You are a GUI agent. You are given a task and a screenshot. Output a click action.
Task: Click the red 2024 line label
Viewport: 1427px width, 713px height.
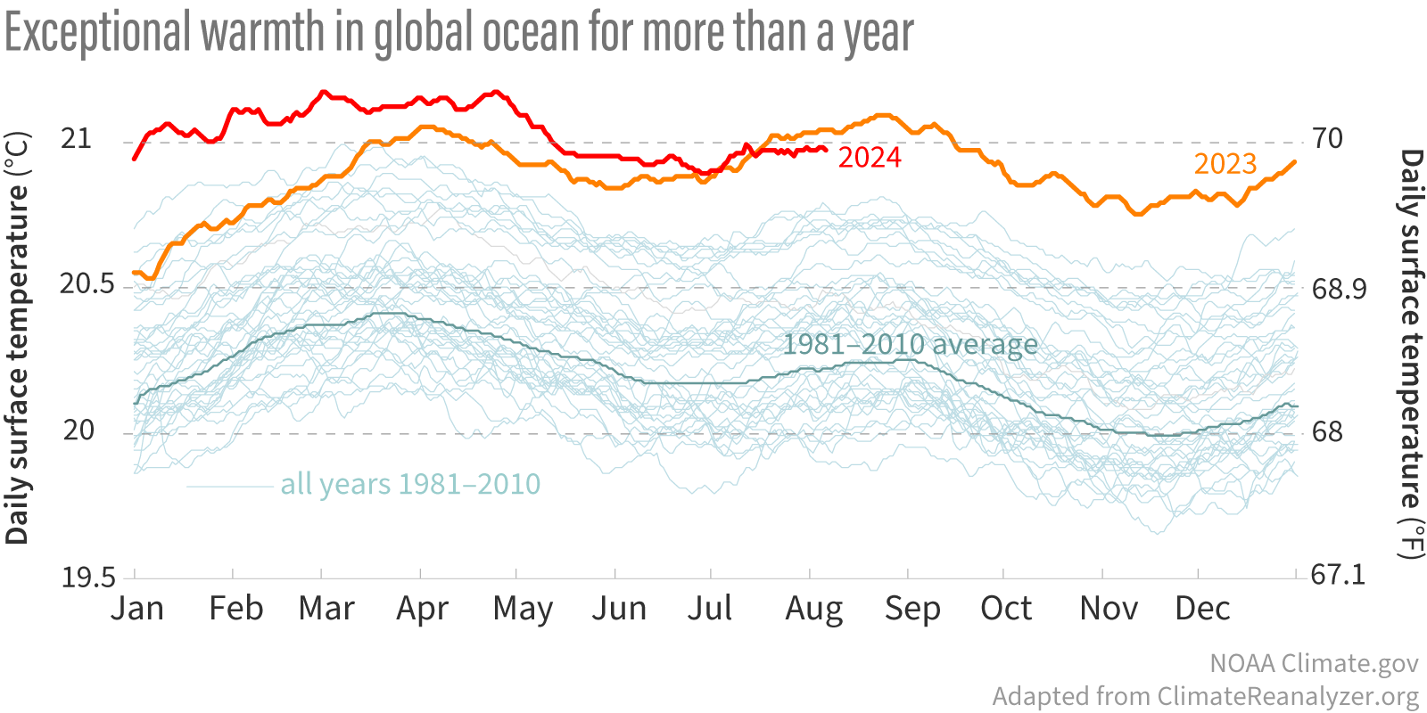point(870,157)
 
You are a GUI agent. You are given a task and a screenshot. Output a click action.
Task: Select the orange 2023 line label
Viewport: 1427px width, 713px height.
point(1225,164)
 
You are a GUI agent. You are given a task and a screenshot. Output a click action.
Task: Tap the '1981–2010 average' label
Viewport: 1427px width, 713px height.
point(910,344)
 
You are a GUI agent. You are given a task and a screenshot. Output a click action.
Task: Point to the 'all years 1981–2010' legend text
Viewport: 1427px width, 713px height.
point(410,484)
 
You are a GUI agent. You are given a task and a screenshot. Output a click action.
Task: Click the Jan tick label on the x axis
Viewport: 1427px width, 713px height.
point(137,608)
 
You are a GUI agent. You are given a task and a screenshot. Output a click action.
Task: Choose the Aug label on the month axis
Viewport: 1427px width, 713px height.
point(813,609)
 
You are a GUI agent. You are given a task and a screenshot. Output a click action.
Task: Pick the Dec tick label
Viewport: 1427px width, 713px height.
point(1202,608)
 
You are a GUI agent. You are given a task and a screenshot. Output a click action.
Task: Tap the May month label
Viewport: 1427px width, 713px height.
point(523,609)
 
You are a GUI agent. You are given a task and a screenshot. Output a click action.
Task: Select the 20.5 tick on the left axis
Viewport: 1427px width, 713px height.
point(87,284)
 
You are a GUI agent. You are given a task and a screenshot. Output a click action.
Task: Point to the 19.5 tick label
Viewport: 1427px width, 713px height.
point(87,578)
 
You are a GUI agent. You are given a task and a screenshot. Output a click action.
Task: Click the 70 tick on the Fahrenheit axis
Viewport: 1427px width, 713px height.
point(1327,138)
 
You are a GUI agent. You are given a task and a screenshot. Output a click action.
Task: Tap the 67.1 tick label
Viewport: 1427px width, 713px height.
point(1338,575)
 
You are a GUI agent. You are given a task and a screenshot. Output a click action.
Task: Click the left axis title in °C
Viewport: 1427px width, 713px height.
point(18,339)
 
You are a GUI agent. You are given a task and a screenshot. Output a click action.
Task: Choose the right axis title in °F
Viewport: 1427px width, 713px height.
point(1410,354)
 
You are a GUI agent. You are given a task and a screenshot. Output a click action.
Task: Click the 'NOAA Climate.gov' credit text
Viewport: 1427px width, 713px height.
point(1314,663)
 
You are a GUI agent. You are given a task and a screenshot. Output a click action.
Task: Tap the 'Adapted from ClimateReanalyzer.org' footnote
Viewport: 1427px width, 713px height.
point(1205,696)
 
